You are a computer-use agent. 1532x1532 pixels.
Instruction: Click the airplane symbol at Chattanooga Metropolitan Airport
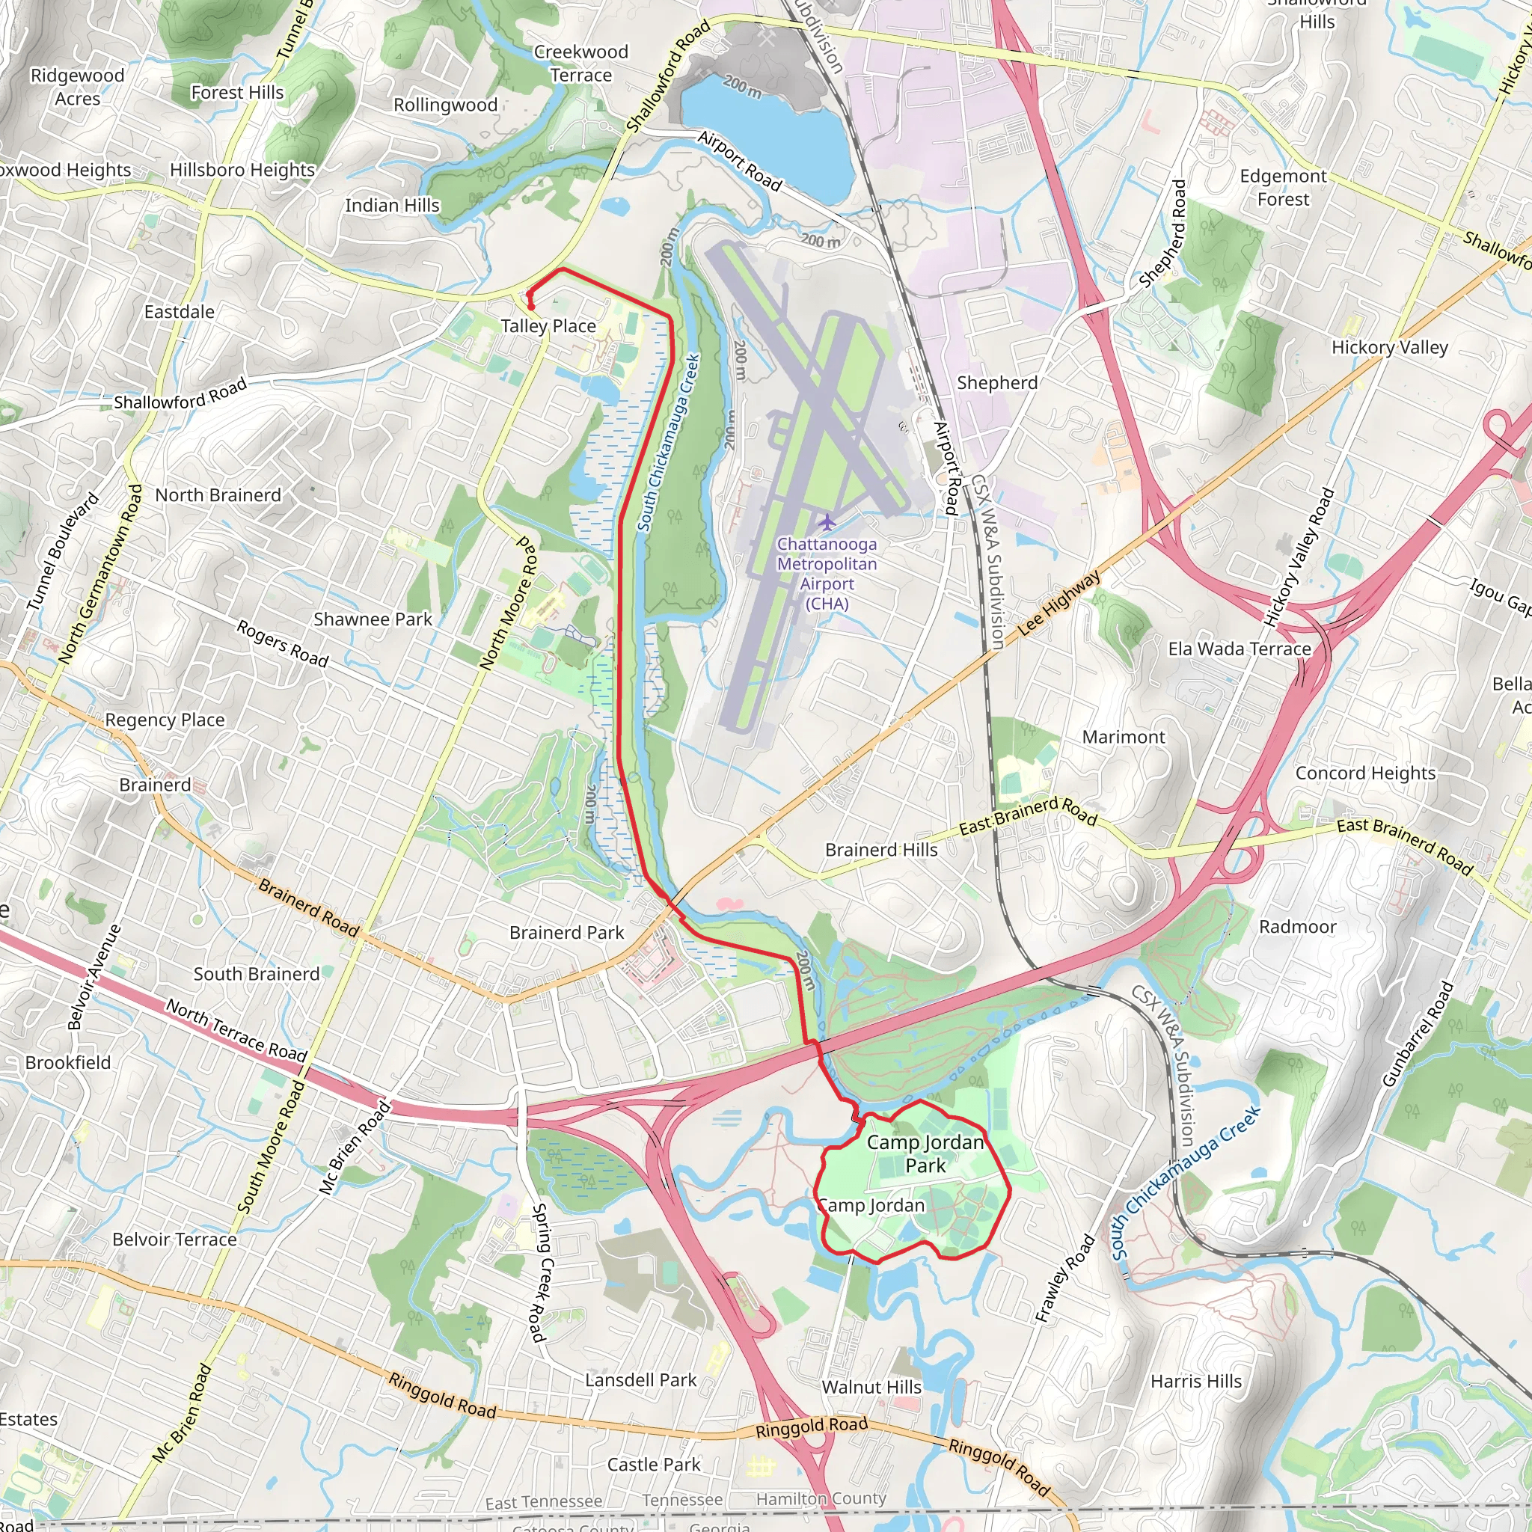tap(827, 523)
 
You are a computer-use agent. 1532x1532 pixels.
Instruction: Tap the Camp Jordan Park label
tap(925, 1153)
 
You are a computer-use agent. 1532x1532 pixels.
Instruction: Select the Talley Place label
tap(548, 326)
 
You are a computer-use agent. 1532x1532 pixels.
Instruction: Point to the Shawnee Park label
tap(373, 619)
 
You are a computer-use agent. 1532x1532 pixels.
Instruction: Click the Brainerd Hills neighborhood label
tap(881, 850)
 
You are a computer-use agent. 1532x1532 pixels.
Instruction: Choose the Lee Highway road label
tap(1058, 603)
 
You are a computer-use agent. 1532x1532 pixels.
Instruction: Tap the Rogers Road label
tap(282, 643)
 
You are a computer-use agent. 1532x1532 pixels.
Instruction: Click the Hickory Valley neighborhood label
tap(1389, 347)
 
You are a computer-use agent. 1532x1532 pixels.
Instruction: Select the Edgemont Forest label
tap(1282, 188)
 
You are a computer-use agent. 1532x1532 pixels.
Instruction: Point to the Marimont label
tap(1123, 738)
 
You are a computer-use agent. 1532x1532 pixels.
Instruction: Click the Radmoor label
tap(1297, 927)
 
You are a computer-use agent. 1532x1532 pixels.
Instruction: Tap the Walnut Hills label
tap(871, 1388)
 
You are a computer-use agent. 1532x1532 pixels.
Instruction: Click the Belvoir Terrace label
tap(174, 1240)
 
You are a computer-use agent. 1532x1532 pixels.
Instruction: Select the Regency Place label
tap(165, 720)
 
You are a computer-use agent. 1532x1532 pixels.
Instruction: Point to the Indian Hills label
tap(392, 206)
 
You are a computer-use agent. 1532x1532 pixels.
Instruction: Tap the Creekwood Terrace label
tap(580, 64)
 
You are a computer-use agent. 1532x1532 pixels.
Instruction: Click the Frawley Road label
tap(1064, 1278)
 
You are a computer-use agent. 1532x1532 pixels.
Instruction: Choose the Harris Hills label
tap(1196, 1382)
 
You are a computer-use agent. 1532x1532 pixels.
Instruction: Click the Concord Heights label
tap(1364, 773)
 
